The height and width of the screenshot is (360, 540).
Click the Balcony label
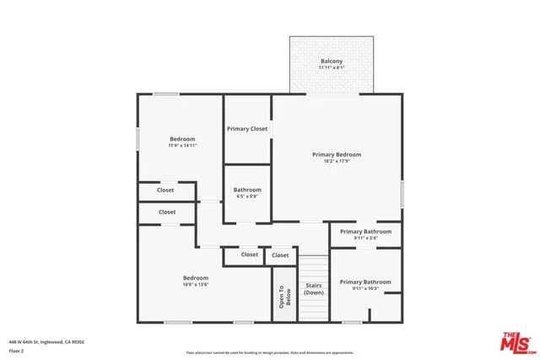point(331,61)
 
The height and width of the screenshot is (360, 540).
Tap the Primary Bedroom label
point(336,154)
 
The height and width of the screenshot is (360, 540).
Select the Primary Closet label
point(247,129)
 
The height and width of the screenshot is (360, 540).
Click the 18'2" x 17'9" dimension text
point(336,162)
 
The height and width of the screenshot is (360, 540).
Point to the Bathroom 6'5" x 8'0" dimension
point(247,196)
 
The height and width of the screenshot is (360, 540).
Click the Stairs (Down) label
point(313,289)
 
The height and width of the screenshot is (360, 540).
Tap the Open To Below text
point(285,297)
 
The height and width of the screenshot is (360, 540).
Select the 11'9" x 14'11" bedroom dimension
point(182,146)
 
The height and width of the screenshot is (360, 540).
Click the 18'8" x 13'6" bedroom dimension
point(195,285)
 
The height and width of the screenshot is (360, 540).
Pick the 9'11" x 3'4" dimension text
point(365,238)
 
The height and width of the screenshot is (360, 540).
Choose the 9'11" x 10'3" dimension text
point(365,289)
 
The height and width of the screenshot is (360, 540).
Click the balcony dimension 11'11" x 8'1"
point(331,67)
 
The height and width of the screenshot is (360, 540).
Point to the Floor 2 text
point(17,351)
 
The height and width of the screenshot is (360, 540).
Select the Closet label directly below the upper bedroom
point(165,191)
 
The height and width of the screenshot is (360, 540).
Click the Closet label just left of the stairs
point(280,255)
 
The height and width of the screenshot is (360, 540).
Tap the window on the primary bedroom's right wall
point(402,193)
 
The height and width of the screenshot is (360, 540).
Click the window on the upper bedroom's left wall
point(138,138)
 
